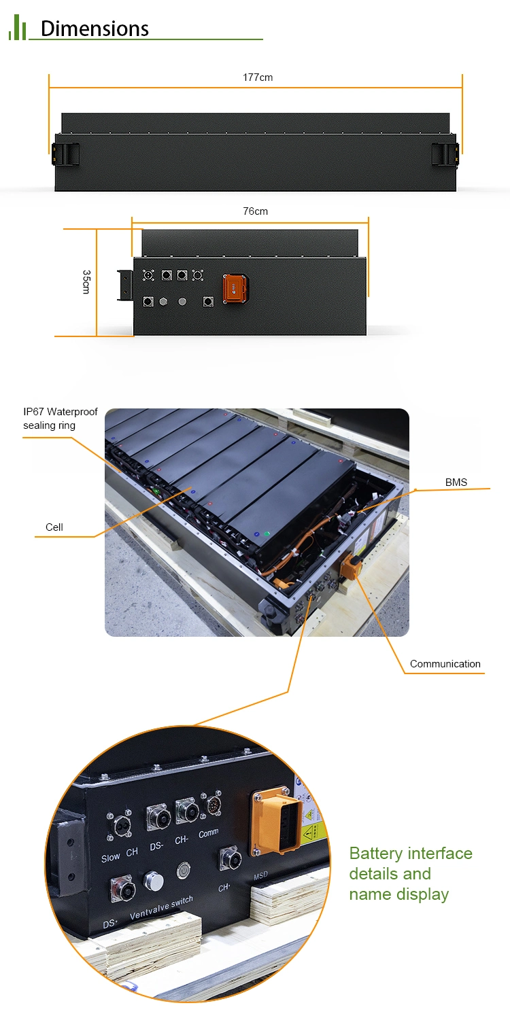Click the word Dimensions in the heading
95,29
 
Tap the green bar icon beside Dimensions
17,29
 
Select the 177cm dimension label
258,77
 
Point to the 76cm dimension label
256,211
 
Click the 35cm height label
86,281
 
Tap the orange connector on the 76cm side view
235,289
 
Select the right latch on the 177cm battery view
445,153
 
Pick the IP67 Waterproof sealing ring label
60,419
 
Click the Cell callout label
54,527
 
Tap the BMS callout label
456,483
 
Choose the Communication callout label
445,664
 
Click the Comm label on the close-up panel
209,833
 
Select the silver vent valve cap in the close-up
153,882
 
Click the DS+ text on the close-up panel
110,924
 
